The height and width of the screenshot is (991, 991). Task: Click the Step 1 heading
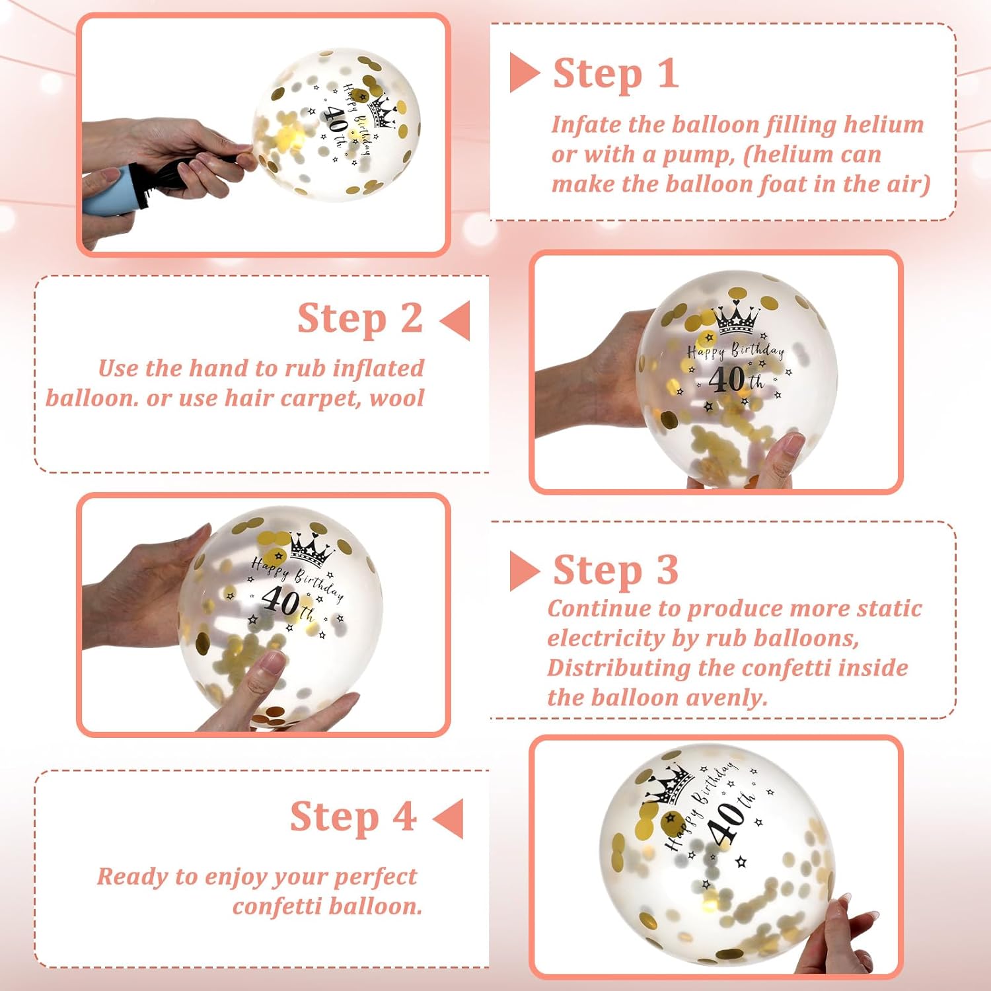click(616, 73)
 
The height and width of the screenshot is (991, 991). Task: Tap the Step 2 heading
click(360, 319)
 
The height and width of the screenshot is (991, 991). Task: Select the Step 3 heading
click(616, 570)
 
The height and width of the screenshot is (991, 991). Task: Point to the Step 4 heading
click(353, 817)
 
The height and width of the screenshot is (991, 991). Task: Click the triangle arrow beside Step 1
click(525, 73)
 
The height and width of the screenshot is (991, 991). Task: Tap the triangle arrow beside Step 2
click(455, 320)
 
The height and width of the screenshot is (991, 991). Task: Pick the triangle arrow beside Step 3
click(525, 571)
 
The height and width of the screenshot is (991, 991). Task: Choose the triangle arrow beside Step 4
click(448, 818)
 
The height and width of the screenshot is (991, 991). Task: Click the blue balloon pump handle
click(106, 192)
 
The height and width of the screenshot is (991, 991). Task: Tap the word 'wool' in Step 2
click(396, 398)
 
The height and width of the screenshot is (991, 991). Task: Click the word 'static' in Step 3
click(889, 608)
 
